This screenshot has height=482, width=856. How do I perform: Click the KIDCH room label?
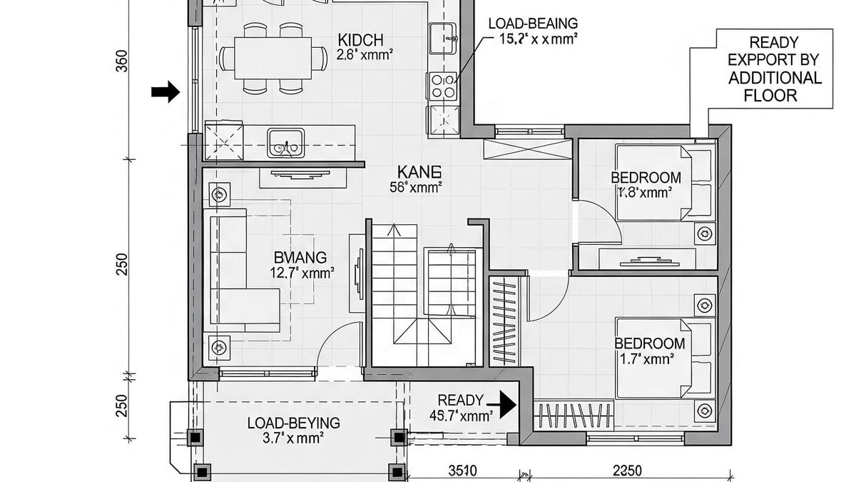tap(361, 39)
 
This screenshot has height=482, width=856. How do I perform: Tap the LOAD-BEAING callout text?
tap(533, 24)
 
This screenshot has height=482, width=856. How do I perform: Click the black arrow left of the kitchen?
tap(165, 91)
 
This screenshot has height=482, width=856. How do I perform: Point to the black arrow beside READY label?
tap(507, 404)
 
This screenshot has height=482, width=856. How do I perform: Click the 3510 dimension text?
tap(463, 471)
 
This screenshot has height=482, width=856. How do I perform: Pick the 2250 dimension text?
tap(626, 471)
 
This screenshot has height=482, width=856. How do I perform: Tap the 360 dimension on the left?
tap(121, 63)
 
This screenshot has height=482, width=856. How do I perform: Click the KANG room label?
tap(419, 171)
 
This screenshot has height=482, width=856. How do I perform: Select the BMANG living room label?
tap(300, 257)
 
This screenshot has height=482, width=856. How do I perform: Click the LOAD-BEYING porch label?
tap(293, 423)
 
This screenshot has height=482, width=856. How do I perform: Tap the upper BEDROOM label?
tap(646, 178)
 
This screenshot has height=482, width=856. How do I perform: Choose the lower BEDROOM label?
tap(649, 344)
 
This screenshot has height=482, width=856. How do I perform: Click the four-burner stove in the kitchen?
tap(442, 86)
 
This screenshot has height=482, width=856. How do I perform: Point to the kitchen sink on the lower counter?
tap(285, 142)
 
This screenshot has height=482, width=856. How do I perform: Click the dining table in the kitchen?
tap(265, 57)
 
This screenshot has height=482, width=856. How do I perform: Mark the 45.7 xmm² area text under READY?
tap(461, 416)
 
